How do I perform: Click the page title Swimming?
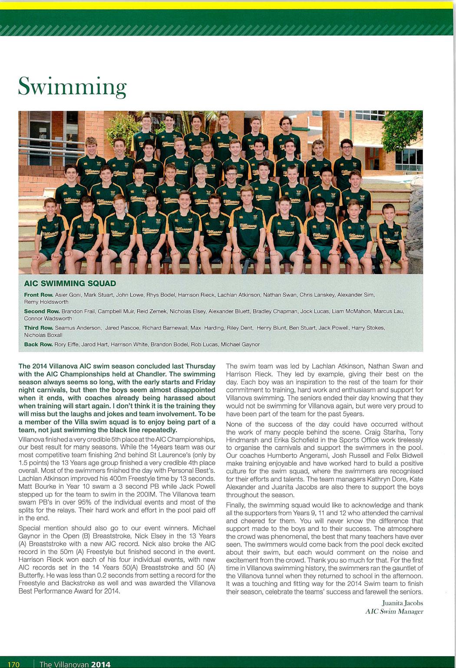click(72, 87)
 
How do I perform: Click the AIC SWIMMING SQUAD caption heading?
click(70, 284)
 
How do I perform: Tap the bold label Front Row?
click(38, 295)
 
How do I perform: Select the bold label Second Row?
click(42, 311)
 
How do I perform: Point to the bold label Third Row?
click(38, 328)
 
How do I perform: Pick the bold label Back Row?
click(38, 344)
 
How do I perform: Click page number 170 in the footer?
click(13, 664)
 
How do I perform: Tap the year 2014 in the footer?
click(101, 664)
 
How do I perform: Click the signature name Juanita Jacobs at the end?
click(402, 603)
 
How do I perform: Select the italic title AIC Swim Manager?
click(394, 612)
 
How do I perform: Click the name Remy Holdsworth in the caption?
click(46, 302)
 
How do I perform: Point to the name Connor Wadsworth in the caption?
click(48, 318)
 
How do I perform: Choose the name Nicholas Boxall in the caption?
click(43, 335)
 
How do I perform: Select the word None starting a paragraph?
click(235, 424)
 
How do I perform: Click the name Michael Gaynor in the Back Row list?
click(240, 344)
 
